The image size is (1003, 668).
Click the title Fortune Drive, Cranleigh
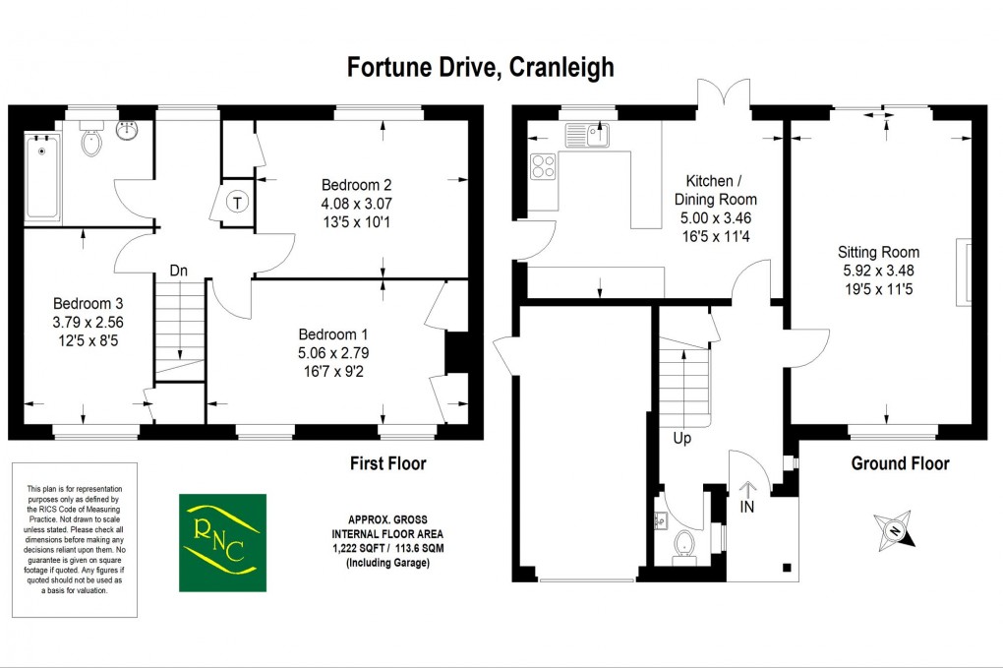pyautogui.click(x=481, y=67)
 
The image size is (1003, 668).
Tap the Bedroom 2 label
pyautogui.click(x=356, y=185)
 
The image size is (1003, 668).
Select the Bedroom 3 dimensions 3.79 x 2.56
pyautogui.click(x=88, y=322)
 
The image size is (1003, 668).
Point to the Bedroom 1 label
pyautogui.click(x=333, y=334)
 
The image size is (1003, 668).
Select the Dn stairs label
pyautogui.click(x=178, y=271)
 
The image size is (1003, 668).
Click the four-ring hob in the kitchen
pyautogui.click(x=542, y=166)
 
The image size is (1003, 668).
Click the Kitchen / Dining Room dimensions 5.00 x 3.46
pyautogui.click(x=721, y=217)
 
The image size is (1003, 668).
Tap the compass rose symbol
pyautogui.click(x=895, y=529)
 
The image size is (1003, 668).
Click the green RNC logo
pyautogui.click(x=222, y=542)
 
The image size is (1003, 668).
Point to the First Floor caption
pyautogui.click(x=388, y=463)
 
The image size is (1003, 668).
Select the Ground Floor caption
pyautogui.click(x=900, y=463)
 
